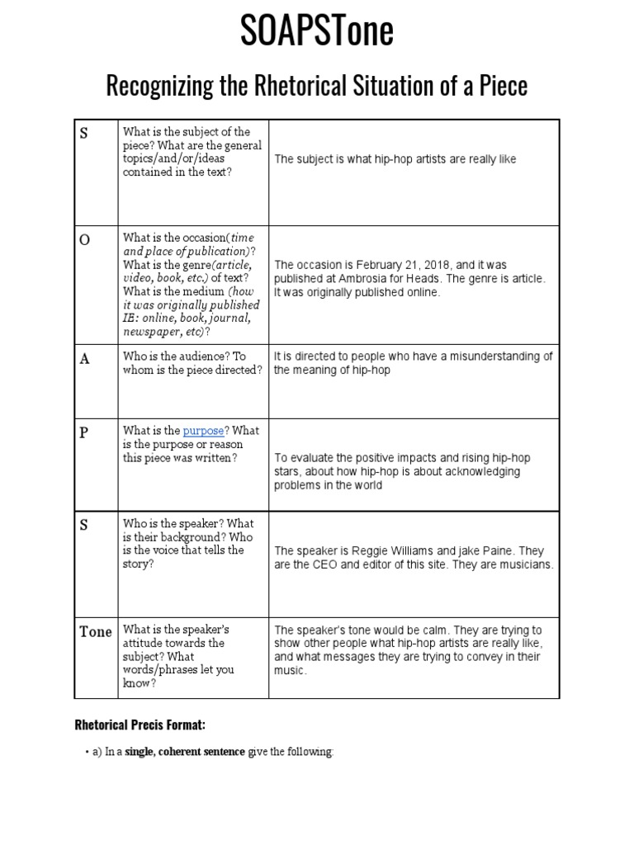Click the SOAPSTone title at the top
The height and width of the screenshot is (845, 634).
click(317, 31)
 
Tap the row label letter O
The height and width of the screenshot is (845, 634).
click(84, 239)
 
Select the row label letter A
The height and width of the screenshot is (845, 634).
click(83, 359)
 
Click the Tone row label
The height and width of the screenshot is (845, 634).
click(95, 632)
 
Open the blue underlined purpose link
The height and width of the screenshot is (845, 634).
click(203, 431)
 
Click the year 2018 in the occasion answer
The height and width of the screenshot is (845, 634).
click(436, 265)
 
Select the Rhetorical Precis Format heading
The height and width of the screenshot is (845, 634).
click(140, 725)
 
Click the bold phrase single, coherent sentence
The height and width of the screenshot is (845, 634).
click(185, 752)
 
